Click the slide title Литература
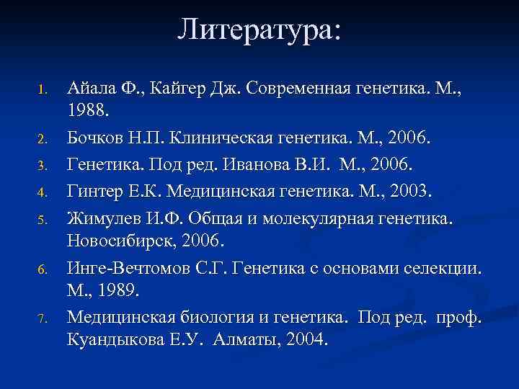pyautogui.click(x=259, y=30)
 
